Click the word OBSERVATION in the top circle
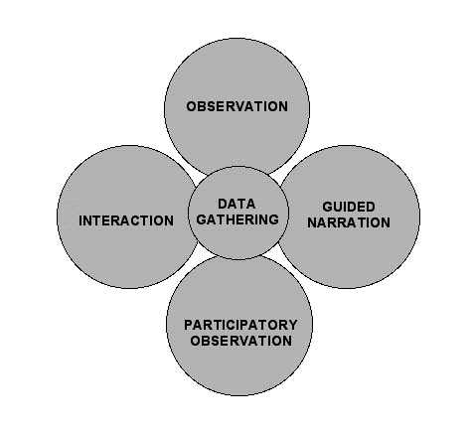[237, 106]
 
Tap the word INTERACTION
[126, 220]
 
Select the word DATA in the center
[236, 204]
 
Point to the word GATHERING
[237, 219]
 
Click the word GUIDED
[349, 207]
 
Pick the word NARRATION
[349, 222]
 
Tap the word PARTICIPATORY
[240, 325]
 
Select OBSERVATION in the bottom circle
[241, 341]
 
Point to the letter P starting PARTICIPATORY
[188, 325]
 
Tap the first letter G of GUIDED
[328, 207]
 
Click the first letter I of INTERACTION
[80, 220]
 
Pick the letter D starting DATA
[223, 204]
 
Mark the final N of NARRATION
[386, 222]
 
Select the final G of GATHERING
[274, 219]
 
